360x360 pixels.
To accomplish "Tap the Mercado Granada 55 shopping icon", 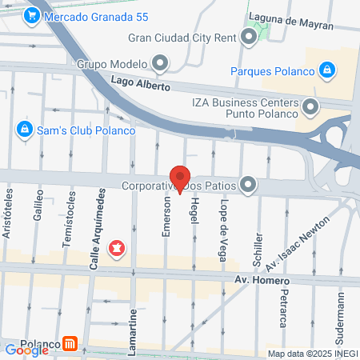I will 33,15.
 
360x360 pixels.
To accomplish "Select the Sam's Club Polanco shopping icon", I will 24,129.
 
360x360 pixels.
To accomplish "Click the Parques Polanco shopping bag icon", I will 326,70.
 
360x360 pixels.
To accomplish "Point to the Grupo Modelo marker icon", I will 160,63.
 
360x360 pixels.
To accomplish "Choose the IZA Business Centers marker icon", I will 310,105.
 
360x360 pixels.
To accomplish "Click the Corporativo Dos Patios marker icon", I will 249,185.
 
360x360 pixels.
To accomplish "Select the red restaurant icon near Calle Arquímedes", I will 118,250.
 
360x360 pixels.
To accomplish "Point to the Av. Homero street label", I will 261,279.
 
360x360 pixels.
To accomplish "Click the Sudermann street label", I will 340,316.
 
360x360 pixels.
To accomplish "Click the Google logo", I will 26,350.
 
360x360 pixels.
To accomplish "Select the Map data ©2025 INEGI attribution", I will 312,354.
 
